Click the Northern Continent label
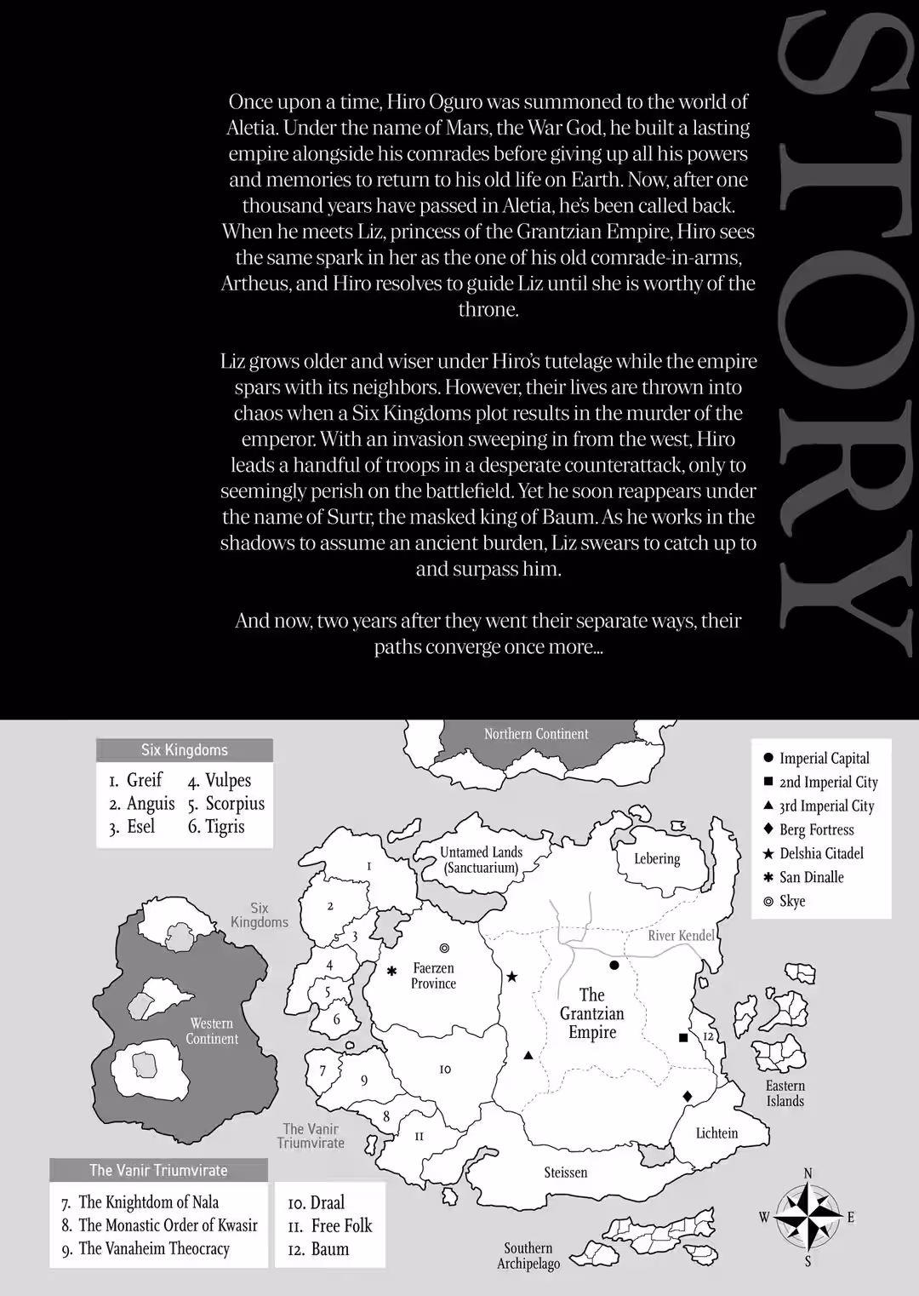coord(536,734)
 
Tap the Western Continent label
coord(212,1030)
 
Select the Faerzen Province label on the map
coord(433,976)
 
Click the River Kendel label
coord(681,935)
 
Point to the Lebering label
coord(657,858)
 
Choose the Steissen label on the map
coord(566,1173)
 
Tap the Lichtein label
coord(716,1133)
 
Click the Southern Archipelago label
coord(528,1255)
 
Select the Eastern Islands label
coord(785,1093)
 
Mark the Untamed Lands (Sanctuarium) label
coord(481,860)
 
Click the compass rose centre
coord(807,1217)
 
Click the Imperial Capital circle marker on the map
coord(614,965)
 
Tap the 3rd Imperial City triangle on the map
coord(528,1056)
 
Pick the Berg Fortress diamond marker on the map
coord(688,1095)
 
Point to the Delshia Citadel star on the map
coord(512,977)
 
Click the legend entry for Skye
coord(791,901)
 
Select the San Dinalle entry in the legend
coord(811,877)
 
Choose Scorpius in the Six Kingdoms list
coord(235,803)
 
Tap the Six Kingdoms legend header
coord(185,750)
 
